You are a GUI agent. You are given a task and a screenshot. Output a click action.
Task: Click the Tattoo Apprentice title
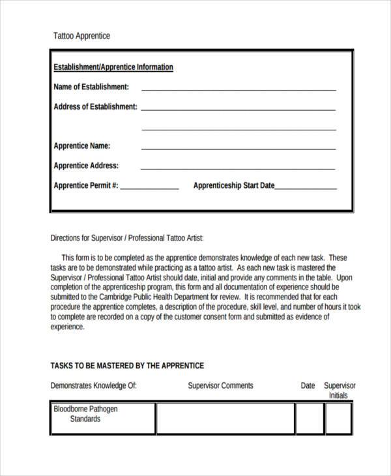coord(81,36)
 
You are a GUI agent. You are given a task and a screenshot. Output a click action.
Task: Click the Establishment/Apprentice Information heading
coord(113,67)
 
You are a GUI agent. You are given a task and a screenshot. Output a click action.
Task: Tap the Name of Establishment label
coord(91,87)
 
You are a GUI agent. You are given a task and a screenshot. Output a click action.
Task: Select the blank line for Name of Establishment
coord(239,89)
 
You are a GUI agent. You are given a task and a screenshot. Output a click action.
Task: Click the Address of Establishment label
coord(95,106)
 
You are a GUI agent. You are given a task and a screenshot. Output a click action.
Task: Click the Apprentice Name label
coord(81,145)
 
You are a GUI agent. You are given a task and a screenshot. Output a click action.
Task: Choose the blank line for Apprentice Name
coord(239,148)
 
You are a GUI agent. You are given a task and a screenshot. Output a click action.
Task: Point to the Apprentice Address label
coord(86,166)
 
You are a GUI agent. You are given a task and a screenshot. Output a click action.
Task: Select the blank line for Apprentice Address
coord(239,168)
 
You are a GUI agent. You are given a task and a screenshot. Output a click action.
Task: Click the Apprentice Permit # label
coord(85,185)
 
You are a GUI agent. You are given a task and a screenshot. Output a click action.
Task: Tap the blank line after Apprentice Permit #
coord(149,188)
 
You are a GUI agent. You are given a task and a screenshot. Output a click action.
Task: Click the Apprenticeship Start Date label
coord(233,185)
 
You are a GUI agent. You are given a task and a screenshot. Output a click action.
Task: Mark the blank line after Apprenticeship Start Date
coord(306,188)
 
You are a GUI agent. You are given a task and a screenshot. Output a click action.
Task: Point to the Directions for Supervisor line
coord(131,239)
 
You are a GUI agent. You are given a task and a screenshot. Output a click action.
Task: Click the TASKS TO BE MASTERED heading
coord(127,366)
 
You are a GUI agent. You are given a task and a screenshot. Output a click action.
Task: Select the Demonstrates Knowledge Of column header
coord(93,385)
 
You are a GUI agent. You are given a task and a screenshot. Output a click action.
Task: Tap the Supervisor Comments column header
coord(220,385)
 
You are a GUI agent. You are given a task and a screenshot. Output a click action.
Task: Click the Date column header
coord(308,385)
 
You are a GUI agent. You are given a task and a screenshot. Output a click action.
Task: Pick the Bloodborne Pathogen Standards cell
coord(103,417)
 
